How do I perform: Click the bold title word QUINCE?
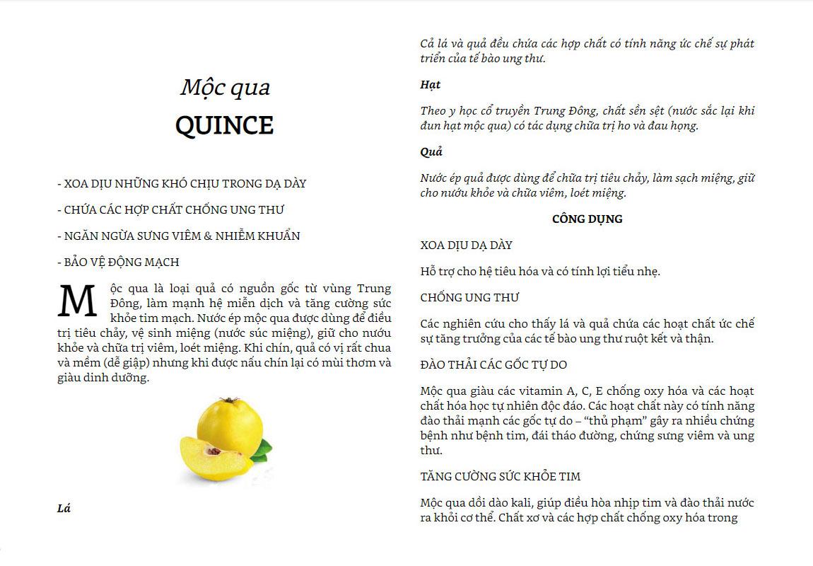click(x=224, y=126)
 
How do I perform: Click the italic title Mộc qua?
click(x=225, y=87)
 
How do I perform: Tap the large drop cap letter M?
click(x=77, y=301)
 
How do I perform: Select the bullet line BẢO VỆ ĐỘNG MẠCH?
click(x=118, y=262)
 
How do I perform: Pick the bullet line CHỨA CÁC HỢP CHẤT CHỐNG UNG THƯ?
click(x=170, y=209)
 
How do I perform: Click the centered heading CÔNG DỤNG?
click(x=587, y=219)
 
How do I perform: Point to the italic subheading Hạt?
click(x=430, y=84)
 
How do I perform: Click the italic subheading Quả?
click(x=431, y=151)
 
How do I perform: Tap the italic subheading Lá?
click(x=64, y=508)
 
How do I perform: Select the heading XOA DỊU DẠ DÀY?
click(x=466, y=245)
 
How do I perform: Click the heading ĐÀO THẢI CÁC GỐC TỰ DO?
click(x=493, y=364)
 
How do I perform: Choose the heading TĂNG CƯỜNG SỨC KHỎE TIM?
click(x=500, y=476)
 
